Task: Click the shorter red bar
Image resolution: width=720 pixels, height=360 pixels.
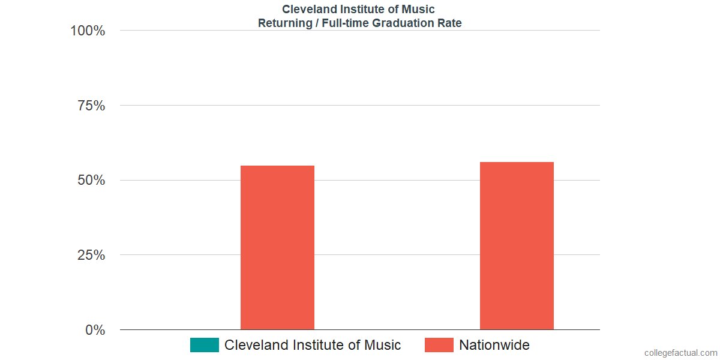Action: tap(277, 247)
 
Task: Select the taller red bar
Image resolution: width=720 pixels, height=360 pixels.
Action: tap(517, 245)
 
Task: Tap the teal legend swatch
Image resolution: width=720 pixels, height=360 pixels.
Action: tap(205, 345)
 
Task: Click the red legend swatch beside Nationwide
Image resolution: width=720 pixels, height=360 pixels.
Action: tap(439, 345)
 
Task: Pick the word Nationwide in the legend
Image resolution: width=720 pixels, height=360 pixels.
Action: tap(494, 345)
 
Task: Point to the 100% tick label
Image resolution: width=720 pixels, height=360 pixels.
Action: tap(88, 31)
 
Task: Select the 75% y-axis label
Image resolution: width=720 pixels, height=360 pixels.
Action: tap(91, 106)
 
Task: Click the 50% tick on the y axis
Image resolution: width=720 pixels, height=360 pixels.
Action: tap(91, 181)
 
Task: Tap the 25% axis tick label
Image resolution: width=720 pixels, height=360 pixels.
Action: tap(91, 255)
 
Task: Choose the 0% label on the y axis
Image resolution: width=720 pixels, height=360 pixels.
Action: tap(95, 330)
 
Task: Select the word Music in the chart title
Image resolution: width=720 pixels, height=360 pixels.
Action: tap(419, 10)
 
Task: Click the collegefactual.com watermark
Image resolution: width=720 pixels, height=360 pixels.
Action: tap(680, 353)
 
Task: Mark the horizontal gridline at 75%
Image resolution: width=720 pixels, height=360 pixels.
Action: tap(360, 106)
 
